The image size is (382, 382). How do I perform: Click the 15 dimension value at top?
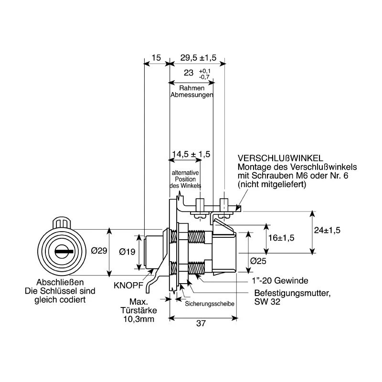coord(156,58)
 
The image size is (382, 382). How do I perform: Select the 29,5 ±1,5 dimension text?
coord(198,58)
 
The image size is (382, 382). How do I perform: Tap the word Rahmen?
coord(192,88)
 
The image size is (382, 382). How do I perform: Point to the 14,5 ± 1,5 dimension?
coord(191,154)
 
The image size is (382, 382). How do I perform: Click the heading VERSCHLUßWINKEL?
coord(280,159)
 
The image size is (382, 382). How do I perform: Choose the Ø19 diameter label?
coord(127,252)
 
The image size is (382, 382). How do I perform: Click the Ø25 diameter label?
coord(258,261)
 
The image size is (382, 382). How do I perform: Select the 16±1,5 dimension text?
coord(281,237)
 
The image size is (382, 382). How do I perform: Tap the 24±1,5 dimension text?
coord(327,230)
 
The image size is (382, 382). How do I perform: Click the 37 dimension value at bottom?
coord(201,323)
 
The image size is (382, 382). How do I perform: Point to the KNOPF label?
coord(128,285)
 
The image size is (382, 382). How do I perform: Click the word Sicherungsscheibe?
coord(210,304)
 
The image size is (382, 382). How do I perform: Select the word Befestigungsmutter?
coord(292,293)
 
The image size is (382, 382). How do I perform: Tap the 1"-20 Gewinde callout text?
coord(280,281)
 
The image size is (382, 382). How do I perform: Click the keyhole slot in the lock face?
coord(64,252)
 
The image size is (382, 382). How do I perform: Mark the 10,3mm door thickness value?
coord(139,319)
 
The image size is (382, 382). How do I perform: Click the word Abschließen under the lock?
coord(60,282)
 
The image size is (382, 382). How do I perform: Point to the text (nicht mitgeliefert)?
coord(272,184)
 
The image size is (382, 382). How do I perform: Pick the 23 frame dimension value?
coord(189,73)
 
